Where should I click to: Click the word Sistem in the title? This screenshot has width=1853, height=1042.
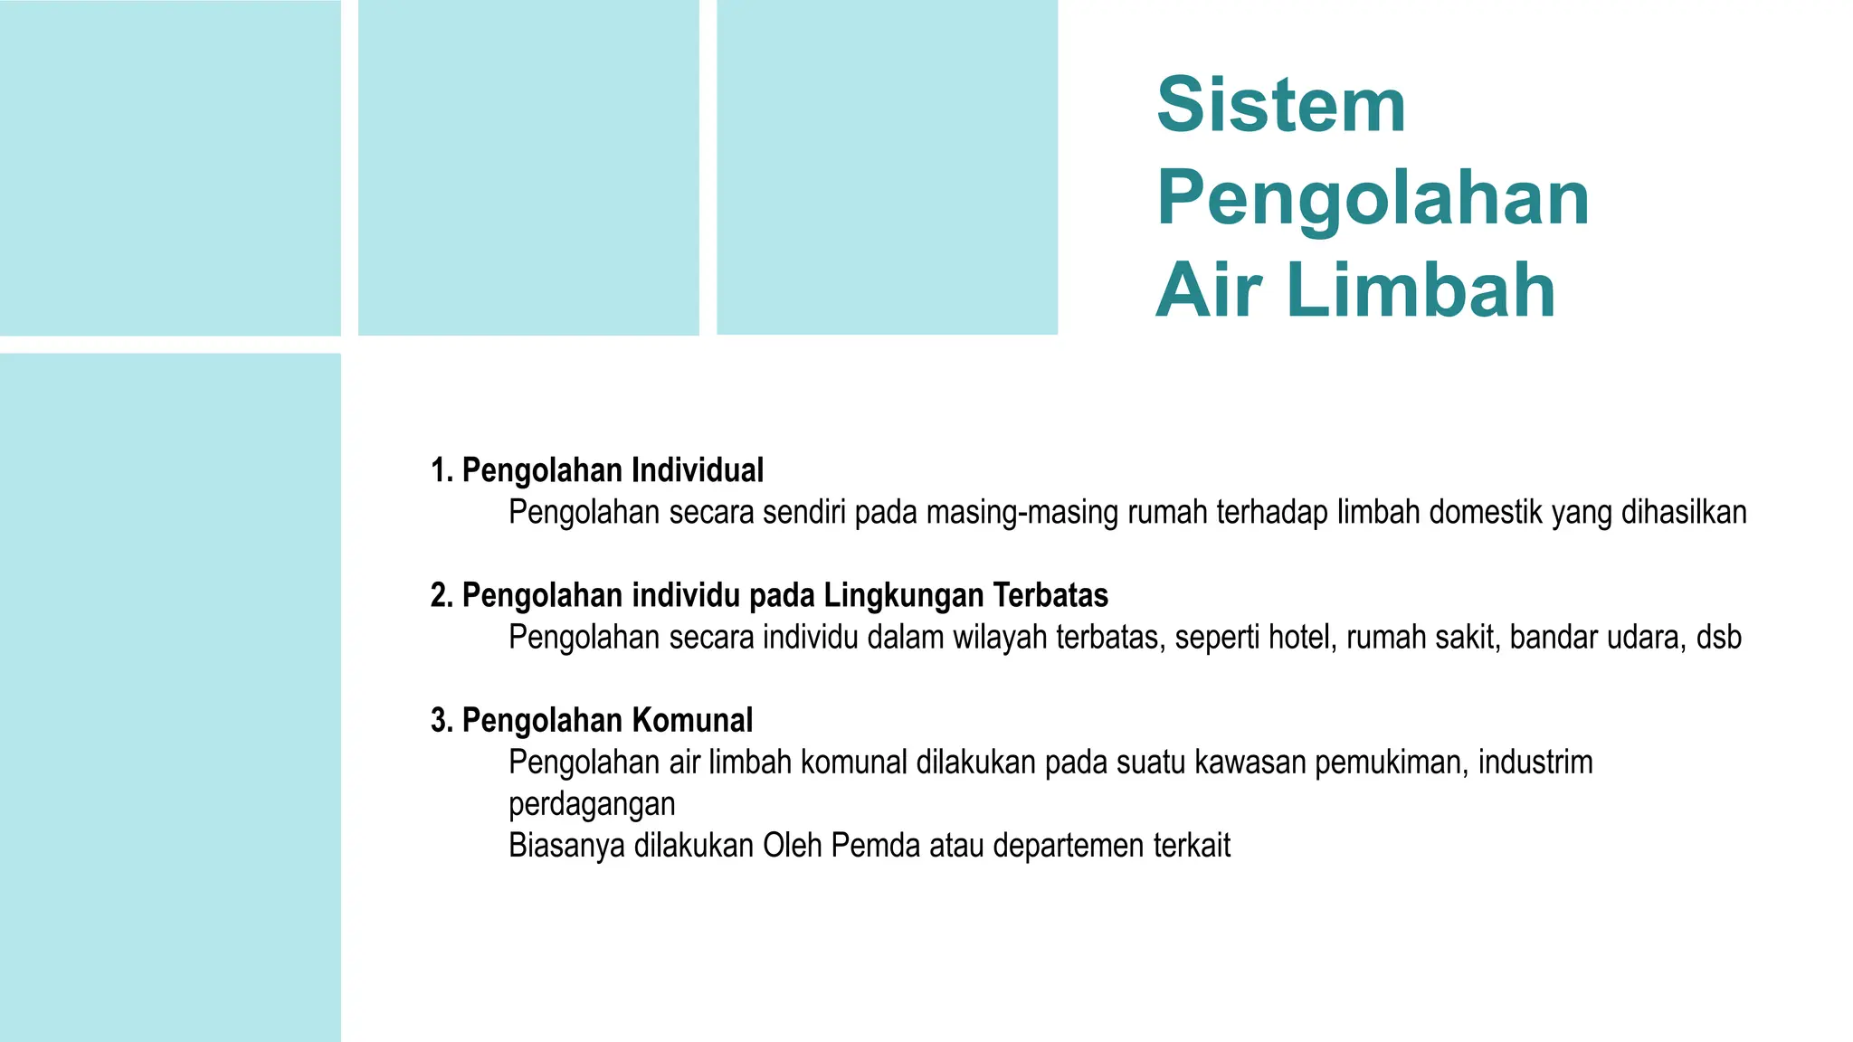(1280, 105)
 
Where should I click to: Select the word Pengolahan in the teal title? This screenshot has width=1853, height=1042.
(1373, 198)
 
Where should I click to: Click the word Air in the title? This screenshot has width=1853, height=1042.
(1209, 290)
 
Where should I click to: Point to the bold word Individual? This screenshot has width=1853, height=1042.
(697, 470)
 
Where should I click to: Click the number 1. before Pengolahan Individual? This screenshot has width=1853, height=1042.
(442, 470)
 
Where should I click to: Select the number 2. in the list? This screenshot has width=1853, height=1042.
(442, 595)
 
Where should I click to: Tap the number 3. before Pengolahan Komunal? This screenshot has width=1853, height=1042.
(442, 720)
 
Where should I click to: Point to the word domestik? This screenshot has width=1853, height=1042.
(1486, 513)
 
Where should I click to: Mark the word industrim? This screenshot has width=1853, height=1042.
(1535, 763)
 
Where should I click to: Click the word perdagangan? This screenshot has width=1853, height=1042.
(592, 804)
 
